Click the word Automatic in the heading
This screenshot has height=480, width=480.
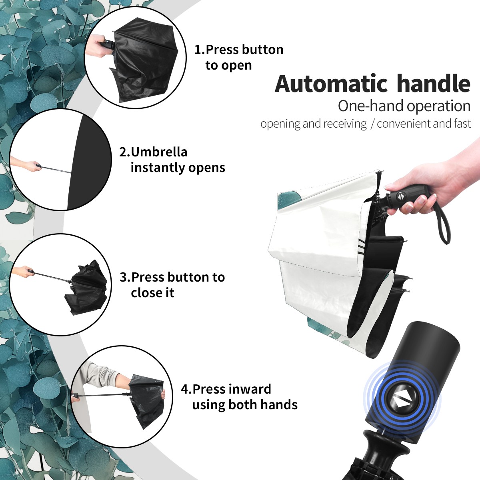point(331,84)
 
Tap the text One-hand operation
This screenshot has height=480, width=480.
point(404,106)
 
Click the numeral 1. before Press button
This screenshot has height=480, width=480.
point(200,50)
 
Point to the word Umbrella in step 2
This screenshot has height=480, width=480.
point(159,152)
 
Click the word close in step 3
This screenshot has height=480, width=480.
point(144,292)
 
